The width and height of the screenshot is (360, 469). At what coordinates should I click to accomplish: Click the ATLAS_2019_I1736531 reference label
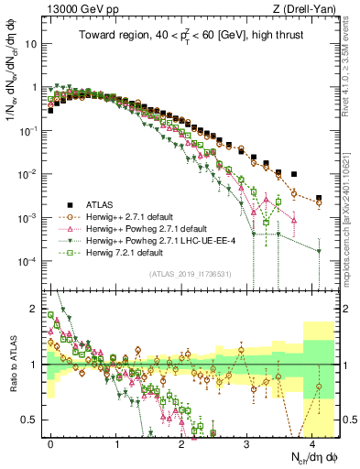194,273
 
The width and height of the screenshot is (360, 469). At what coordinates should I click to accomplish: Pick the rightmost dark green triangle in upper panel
319,251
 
